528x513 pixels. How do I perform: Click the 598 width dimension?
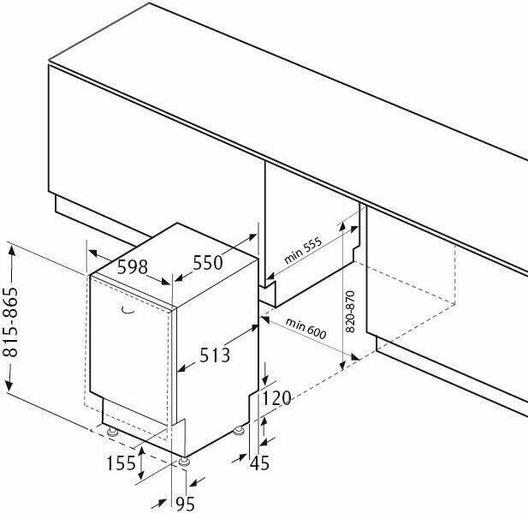[133, 267]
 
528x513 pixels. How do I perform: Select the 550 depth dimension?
[208, 263]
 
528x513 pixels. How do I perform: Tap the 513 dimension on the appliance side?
[215, 355]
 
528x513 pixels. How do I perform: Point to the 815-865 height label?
[10, 322]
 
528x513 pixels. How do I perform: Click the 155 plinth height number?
[122, 462]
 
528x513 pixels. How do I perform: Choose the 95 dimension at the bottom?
[186, 504]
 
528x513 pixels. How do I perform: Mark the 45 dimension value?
[259, 462]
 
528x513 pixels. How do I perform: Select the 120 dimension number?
[276, 398]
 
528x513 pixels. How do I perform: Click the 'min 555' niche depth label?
[303, 251]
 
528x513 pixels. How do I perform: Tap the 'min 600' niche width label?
[306, 328]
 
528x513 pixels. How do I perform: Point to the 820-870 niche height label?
[351, 312]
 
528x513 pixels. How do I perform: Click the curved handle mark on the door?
[127, 310]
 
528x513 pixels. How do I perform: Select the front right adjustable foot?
[184, 461]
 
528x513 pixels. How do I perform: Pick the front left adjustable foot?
[112, 432]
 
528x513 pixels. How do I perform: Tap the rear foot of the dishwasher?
[240, 431]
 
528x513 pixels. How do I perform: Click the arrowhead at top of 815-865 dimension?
[12, 251]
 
